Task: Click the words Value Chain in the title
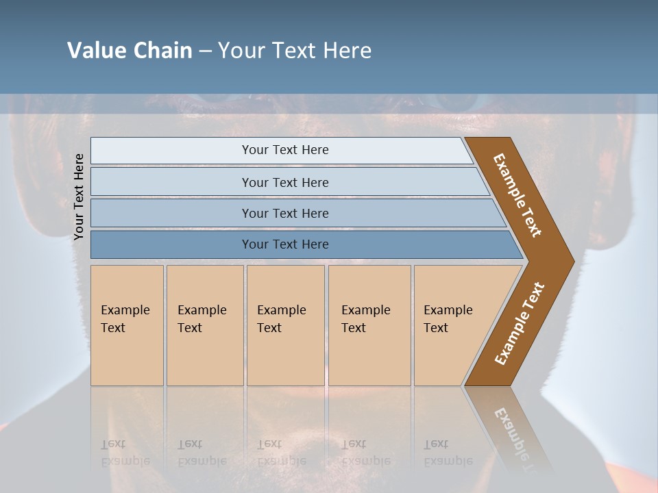(x=130, y=51)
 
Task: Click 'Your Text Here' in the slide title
(x=295, y=51)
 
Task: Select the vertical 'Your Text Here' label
(x=79, y=197)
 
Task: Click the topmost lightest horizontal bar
(x=284, y=150)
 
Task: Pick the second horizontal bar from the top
(x=284, y=182)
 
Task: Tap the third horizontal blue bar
(x=284, y=213)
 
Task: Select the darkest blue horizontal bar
(x=284, y=244)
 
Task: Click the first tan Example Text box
(x=127, y=325)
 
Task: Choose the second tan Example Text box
(x=204, y=325)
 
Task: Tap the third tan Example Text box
(x=284, y=325)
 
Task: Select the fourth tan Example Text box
(x=369, y=325)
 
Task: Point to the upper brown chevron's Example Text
(x=517, y=195)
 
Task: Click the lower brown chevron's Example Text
(x=519, y=324)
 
